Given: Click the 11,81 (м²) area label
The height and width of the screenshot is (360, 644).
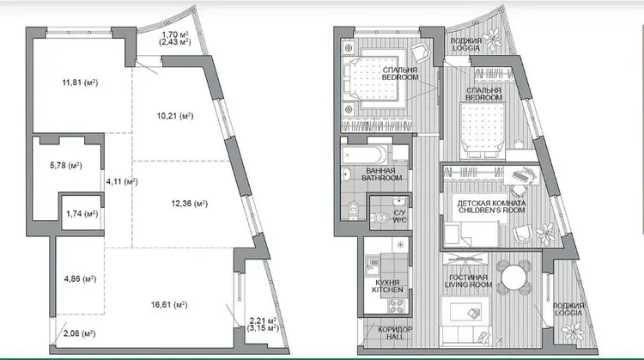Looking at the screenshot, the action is pos(80,82).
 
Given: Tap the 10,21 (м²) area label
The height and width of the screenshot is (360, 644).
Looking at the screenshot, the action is pos(175,116).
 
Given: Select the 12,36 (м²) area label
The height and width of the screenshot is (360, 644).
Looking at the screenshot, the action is pos(190,204).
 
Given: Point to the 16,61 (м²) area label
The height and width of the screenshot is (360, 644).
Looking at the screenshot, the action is pos(169,305).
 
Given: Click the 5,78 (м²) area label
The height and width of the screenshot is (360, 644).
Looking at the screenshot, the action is pos(66,166).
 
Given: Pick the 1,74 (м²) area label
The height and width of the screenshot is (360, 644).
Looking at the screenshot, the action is pos(82,214).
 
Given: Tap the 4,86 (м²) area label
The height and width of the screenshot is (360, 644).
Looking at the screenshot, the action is pos(80,279).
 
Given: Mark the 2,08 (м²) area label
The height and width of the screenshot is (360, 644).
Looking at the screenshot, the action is pos(80,333).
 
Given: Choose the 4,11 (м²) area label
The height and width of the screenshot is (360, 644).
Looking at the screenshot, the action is pos(122,181).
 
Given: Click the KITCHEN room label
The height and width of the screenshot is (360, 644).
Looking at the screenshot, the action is pos(387,290).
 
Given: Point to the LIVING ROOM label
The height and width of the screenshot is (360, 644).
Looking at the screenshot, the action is pos(468,284).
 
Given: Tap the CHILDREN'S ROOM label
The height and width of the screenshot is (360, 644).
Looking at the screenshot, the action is pos(492,211).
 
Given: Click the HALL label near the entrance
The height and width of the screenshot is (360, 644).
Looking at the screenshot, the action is pos(395,337).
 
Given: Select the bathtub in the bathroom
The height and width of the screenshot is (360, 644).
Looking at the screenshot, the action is pos(365,154).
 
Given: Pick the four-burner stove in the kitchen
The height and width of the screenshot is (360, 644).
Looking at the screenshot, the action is pos(397,305).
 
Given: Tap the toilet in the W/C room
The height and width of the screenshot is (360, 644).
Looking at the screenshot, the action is pos(380,217).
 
